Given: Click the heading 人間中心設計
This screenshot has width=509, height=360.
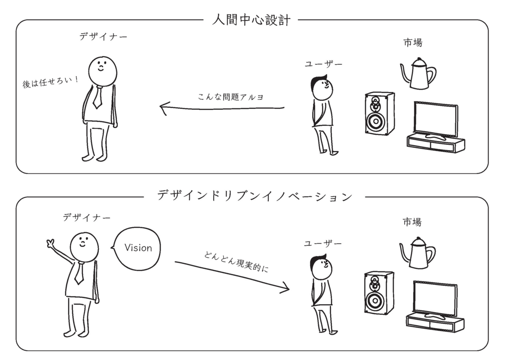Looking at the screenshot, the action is pyautogui.click(x=251, y=20).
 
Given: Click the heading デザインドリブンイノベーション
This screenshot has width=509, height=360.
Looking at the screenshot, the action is pyautogui.click(x=254, y=196).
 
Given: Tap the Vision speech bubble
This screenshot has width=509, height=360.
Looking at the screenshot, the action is pyautogui.click(x=137, y=249).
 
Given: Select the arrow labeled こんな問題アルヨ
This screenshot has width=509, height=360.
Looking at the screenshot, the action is pyautogui.click(x=222, y=108).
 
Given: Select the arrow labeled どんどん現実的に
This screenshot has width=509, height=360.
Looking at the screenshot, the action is pyautogui.click(x=232, y=275).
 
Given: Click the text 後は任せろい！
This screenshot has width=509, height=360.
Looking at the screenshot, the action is pyautogui.click(x=50, y=82).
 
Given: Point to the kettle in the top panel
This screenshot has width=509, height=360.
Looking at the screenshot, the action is pyautogui.click(x=418, y=74).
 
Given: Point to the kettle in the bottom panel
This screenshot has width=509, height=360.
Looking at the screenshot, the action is pyautogui.click(x=418, y=253).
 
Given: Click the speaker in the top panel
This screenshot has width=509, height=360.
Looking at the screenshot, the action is pyautogui.click(x=379, y=113).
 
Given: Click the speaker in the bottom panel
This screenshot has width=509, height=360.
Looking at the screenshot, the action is pyautogui.click(x=379, y=293).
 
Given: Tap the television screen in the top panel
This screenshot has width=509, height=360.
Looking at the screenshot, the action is pyautogui.click(x=436, y=119).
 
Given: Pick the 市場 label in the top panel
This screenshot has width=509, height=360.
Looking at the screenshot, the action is pyautogui.click(x=413, y=43).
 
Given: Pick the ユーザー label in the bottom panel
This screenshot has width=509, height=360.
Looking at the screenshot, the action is pyautogui.click(x=323, y=244).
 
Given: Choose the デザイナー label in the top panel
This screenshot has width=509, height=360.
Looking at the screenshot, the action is pyautogui.click(x=103, y=37).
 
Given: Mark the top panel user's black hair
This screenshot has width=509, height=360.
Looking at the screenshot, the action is pyautogui.click(x=318, y=83).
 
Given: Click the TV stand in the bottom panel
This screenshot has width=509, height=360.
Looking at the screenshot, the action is pyautogui.click(x=435, y=323).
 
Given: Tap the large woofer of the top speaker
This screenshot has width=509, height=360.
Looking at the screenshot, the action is pyautogui.click(x=376, y=121).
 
